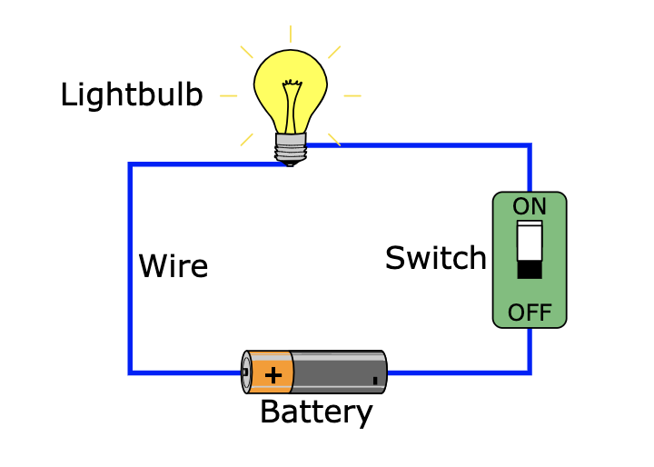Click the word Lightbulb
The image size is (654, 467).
(x=131, y=95)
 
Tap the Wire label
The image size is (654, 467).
(x=173, y=266)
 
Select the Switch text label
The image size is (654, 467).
(x=436, y=258)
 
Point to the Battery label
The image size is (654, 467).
(x=316, y=412)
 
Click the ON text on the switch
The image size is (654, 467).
(x=530, y=206)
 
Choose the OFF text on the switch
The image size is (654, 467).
(x=530, y=313)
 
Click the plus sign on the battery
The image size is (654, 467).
(x=272, y=373)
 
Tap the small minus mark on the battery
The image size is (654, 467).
(x=375, y=381)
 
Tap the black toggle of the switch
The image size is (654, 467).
(x=530, y=269)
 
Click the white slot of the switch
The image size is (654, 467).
(x=530, y=241)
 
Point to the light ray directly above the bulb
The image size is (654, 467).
(x=291, y=35)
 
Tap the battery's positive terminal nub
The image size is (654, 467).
(x=245, y=372)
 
